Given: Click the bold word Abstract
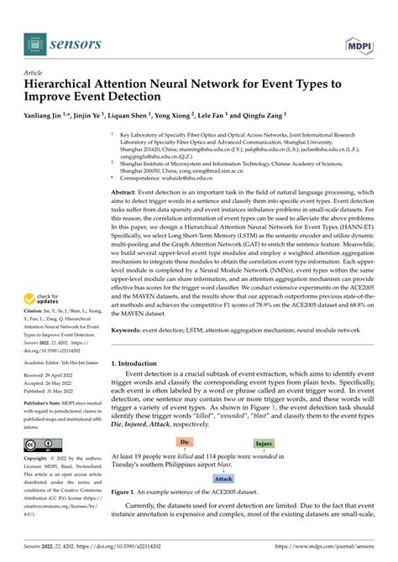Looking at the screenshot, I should click(x=125, y=192).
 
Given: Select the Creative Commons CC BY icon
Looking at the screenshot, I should click(x=41, y=443).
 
